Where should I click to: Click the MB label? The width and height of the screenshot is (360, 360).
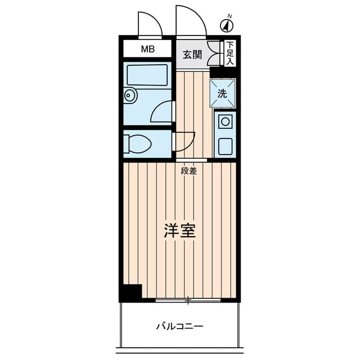[147, 49]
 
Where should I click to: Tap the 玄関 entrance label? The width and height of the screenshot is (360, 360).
[192, 55]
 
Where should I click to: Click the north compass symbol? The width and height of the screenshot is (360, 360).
[227, 25]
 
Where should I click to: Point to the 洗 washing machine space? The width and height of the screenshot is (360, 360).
[223, 93]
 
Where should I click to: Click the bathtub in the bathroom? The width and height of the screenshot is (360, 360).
[147, 75]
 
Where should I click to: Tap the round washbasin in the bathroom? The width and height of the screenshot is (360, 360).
[129, 96]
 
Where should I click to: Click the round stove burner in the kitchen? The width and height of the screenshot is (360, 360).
[226, 120]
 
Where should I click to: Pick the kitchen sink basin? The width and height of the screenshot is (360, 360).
[226, 146]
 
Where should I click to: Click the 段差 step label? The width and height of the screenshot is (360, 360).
[189, 171]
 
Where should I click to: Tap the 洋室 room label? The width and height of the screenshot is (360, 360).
[180, 231]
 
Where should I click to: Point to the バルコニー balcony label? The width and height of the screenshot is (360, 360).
[179, 326]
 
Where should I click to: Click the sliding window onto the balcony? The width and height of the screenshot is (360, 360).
[188, 300]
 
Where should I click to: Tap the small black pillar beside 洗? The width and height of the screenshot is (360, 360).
[216, 73]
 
